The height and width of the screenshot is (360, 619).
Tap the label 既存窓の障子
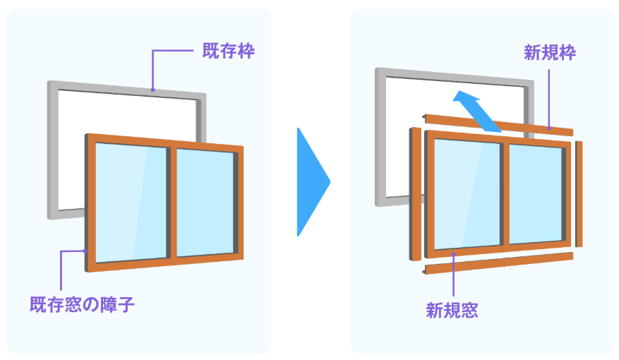[x=81, y=304]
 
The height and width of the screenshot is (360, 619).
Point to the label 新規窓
[x=452, y=309]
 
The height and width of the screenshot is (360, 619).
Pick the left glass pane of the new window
[x=466, y=192]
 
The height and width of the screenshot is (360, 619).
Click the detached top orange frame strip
[x=498, y=124]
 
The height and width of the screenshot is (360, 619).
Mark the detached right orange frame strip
[x=579, y=193]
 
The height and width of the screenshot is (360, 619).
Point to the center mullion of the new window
[x=504, y=193]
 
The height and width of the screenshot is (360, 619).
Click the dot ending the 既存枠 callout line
[x=153, y=89]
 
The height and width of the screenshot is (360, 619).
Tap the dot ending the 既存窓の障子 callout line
[x=85, y=250]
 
